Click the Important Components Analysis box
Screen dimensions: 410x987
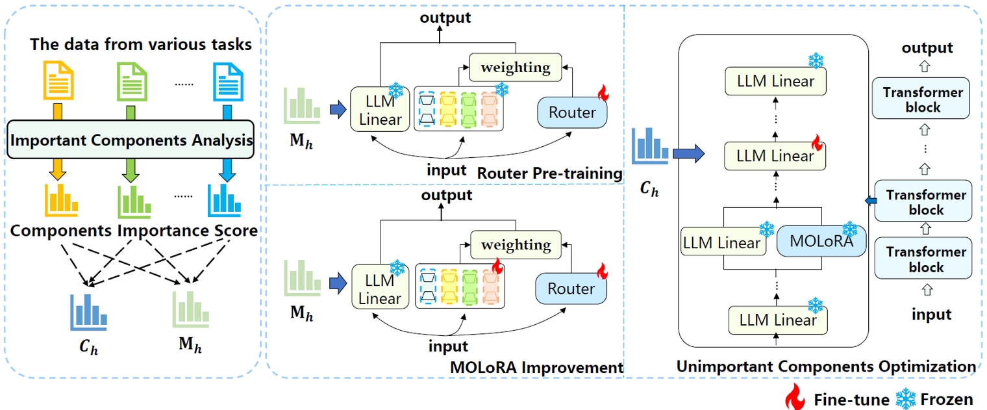(x=132, y=139)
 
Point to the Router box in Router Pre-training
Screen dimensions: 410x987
(x=571, y=112)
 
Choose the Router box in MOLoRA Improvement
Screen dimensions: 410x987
(x=571, y=288)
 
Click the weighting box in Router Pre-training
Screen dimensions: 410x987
(x=515, y=67)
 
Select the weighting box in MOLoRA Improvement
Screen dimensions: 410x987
(x=516, y=244)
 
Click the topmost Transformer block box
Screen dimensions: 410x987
(x=922, y=99)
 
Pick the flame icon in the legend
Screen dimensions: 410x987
(x=795, y=396)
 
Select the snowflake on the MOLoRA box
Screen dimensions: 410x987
(x=849, y=229)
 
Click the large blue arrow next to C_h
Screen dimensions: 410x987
(x=688, y=155)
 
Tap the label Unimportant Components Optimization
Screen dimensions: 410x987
(x=825, y=366)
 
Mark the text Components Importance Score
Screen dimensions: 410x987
(x=134, y=231)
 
